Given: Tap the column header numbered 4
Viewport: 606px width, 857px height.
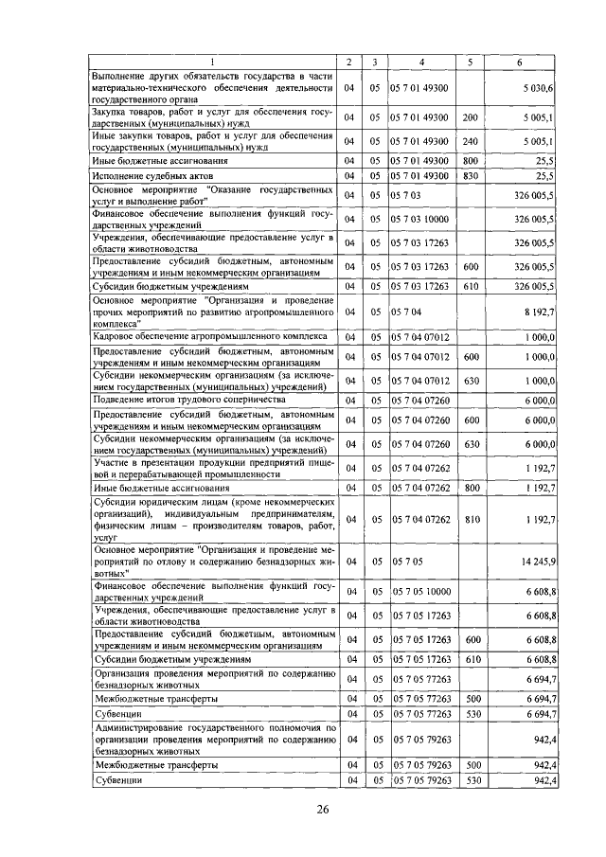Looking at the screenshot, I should (x=421, y=62).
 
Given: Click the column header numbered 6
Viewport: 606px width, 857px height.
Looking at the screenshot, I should (x=519, y=62).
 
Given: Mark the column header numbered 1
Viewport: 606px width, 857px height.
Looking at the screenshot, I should (x=213, y=62).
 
